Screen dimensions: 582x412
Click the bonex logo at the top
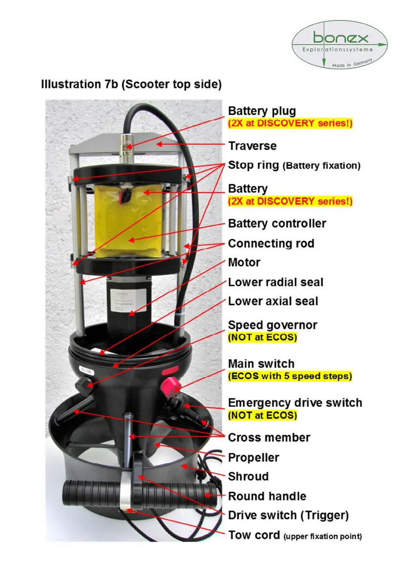(x=340, y=45)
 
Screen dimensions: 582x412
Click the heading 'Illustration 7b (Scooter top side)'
(x=131, y=84)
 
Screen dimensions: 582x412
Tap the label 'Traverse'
(x=252, y=146)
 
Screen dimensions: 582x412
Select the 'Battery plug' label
(x=262, y=111)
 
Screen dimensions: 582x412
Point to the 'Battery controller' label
(x=277, y=224)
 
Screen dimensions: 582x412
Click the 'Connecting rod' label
(x=271, y=244)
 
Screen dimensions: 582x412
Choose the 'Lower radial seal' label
(x=275, y=282)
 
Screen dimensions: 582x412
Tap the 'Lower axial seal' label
(x=273, y=301)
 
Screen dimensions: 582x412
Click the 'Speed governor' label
(x=273, y=325)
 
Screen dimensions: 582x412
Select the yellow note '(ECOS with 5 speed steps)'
(x=290, y=376)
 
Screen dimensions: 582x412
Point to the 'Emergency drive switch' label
(x=295, y=403)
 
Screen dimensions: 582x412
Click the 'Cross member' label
(x=269, y=437)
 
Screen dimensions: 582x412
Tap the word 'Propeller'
(x=253, y=458)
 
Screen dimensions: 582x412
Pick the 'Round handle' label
(x=267, y=496)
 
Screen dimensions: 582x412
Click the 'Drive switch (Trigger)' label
(x=288, y=515)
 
